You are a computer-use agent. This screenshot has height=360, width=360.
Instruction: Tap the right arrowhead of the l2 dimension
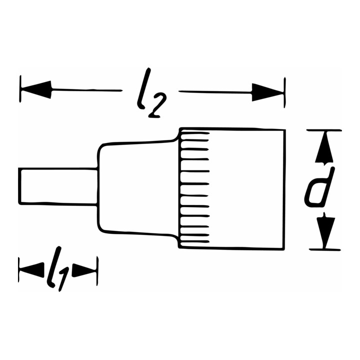tap(268, 91)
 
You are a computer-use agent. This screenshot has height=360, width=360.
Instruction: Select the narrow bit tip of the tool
tap(57, 186)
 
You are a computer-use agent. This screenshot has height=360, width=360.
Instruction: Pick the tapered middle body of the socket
tap(135, 187)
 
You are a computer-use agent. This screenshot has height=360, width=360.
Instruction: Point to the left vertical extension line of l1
tap(19, 272)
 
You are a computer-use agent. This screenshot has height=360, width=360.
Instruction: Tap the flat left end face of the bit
tap(19, 186)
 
